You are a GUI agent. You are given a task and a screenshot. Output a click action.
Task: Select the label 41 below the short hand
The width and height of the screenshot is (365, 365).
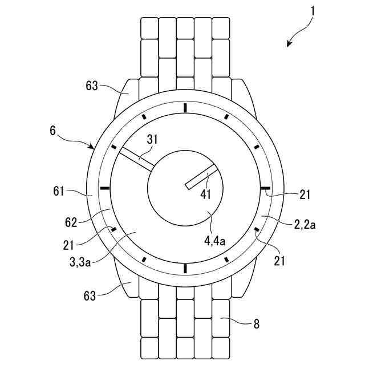tap(206, 194)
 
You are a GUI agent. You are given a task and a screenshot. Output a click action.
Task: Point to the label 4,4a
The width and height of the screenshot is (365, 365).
tap(215, 241)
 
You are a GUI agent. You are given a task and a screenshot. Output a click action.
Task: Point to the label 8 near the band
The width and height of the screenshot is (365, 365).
tap(256, 324)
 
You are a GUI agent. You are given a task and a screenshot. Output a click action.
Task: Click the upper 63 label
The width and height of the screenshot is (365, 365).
tap(92, 86)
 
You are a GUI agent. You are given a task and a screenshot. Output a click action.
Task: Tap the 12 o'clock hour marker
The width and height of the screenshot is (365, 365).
tap(185, 107)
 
